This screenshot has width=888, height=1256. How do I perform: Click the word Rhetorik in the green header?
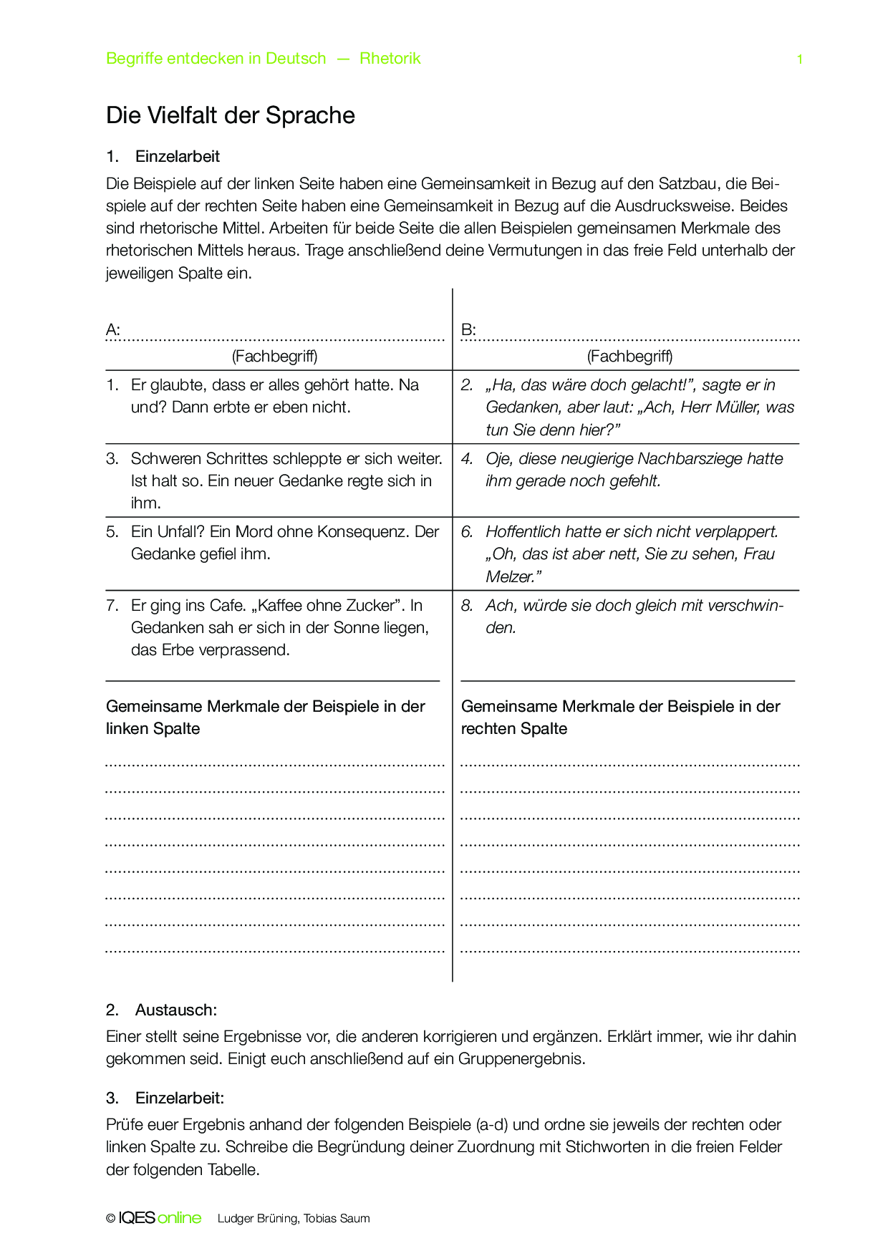pos(390,59)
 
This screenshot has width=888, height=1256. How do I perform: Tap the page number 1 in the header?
pos(799,59)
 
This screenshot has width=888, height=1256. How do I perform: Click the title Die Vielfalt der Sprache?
pos(231,115)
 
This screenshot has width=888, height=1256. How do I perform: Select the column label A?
pos(113,329)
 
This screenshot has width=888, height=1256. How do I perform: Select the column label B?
pos(468,329)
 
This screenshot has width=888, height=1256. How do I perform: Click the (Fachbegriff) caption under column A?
pos(274,356)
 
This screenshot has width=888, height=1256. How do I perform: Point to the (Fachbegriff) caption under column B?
pos(629,356)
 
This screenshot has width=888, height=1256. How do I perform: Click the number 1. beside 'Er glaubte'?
pos(112,385)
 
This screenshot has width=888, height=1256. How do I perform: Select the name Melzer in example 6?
pos(511,576)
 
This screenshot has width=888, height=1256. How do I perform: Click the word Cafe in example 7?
pos(228,605)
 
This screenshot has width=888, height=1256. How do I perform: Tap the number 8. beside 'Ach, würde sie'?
pos(467,605)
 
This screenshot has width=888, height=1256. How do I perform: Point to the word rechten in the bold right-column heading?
pos(486,728)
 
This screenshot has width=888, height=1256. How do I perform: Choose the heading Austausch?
pos(175,1010)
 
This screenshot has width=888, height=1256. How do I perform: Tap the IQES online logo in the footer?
pos(160,1218)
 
